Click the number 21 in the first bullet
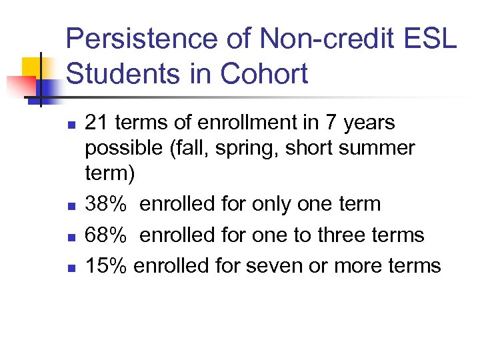point(97,123)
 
